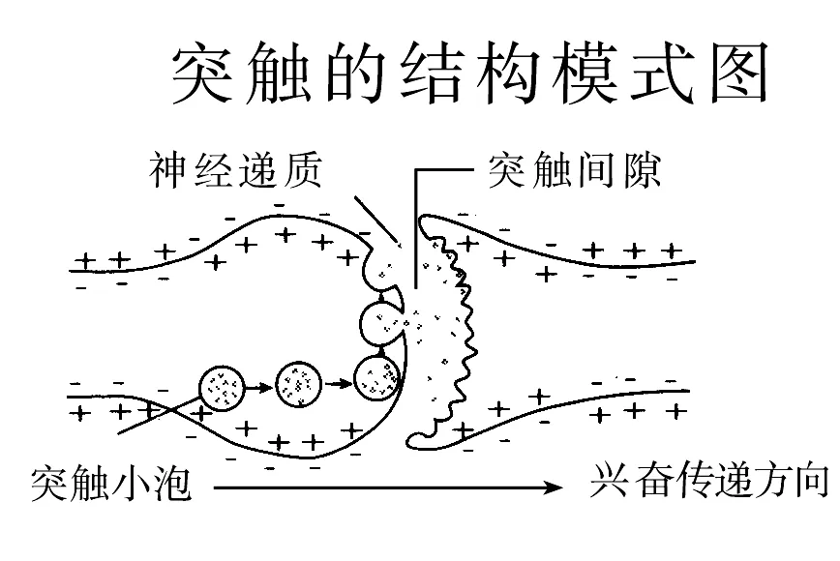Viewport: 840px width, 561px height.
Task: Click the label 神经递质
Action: (236, 170)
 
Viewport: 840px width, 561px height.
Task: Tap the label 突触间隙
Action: (574, 171)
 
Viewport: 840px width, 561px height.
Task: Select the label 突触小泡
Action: (111, 484)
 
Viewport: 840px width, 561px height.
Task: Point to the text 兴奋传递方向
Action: (709, 480)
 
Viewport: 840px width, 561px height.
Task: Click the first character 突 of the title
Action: (202, 73)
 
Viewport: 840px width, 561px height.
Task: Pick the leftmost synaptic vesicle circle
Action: (222, 389)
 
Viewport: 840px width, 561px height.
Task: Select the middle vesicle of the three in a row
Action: (299, 384)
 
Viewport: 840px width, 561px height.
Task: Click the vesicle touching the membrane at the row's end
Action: (377, 378)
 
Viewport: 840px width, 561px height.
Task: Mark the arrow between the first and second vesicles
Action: (259, 387)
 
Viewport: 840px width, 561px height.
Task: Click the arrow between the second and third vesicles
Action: (338, 383)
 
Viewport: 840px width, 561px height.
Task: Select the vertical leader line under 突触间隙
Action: (415, 229)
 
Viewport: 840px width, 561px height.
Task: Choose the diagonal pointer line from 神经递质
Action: (376, 220)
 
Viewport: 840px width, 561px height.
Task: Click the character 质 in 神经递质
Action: (303, 170)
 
